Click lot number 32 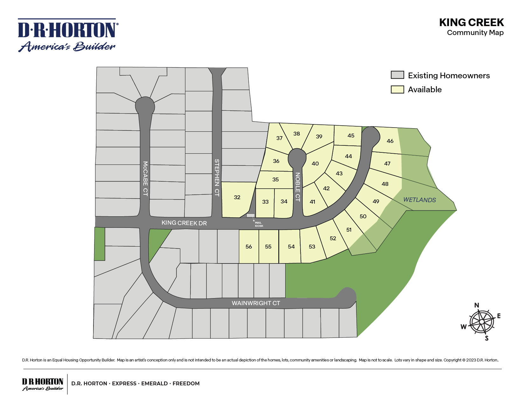point(237,197)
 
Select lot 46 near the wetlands point(390,141)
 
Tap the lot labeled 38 point(296,134)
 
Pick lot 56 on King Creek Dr point(249,247)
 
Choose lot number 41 point(312,202)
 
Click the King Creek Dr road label point(184,223)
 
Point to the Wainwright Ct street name point(256,303)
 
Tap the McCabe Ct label point(145,178)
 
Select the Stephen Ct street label point(217,177)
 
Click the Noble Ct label point(298,187)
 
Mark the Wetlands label point(419,200)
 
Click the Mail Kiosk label point(259,224)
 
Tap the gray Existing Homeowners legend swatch point(397,75)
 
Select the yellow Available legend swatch point(397,89)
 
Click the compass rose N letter point(476,305)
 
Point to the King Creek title point(471,23)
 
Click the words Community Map point(475,33)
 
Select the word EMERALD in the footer point(154,383)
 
